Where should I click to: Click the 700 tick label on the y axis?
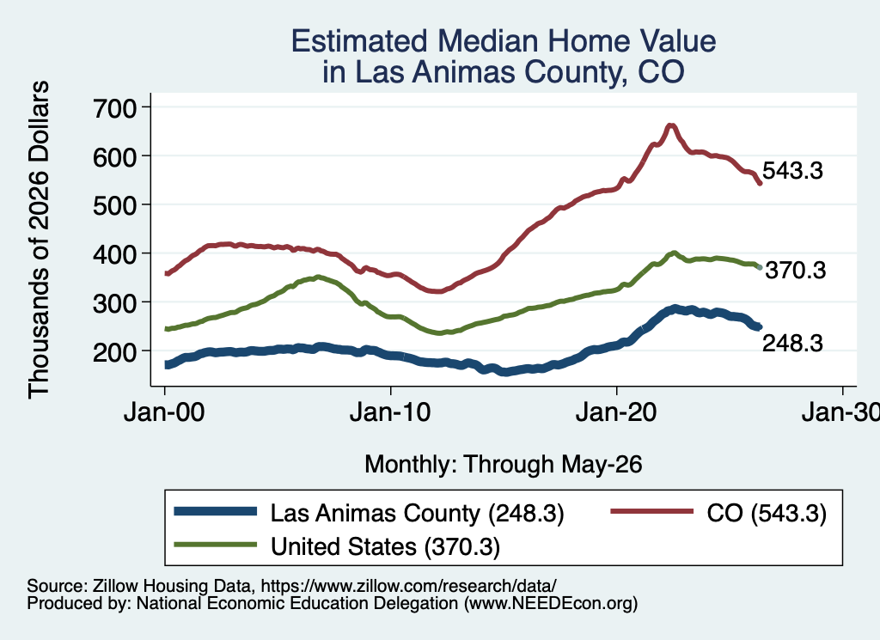114,107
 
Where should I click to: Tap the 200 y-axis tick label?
114,351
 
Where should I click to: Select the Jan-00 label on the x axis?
164,413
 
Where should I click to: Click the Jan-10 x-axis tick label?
390,413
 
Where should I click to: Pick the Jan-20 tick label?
616,413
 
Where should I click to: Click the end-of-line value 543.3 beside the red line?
792,170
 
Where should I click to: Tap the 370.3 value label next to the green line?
796,271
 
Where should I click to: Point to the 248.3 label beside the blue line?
792,343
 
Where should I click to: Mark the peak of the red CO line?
670,125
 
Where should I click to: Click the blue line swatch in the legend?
216,511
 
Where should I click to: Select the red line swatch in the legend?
651,511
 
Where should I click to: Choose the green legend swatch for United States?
216,545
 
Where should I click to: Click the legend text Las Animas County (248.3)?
417,513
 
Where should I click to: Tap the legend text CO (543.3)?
767,513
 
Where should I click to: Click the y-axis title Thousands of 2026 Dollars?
39,240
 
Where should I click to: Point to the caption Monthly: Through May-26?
504,465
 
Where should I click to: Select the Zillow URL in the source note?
408,586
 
